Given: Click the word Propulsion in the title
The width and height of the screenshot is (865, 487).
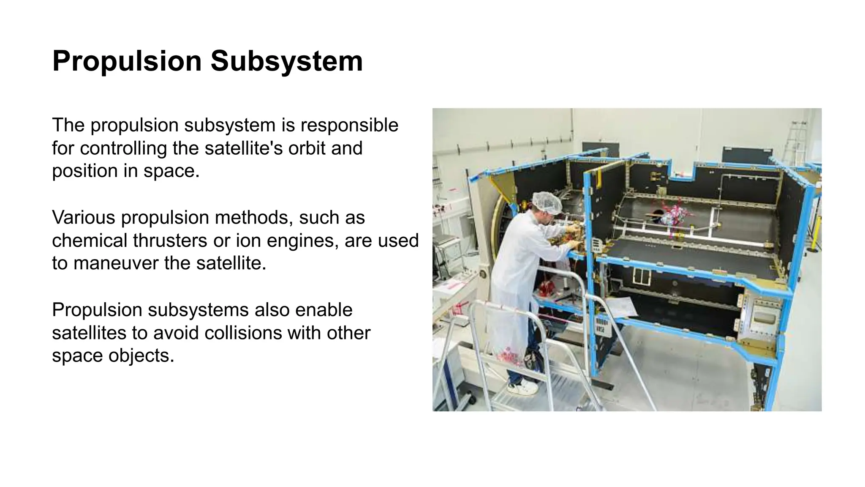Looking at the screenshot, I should tap(127, 61).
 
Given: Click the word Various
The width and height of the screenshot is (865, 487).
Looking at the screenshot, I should tap(83, 217).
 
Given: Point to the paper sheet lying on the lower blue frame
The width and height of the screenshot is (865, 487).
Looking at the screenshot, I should tap(621, 307).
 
